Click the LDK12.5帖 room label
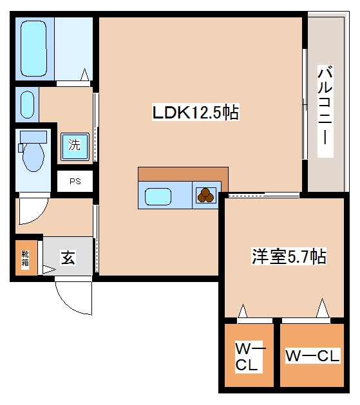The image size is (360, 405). click(196, 112)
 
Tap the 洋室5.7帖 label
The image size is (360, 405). click(289, 256)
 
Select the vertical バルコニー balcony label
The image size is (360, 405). click(325, 111)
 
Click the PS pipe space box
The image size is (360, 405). click(75, 181)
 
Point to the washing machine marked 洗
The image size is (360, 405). click(75, 146)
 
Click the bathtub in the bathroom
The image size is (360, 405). click(33, 48)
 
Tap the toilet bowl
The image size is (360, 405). click(33, 157)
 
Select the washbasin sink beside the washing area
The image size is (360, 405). click(27, 104)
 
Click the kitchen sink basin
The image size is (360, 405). click(158, 196)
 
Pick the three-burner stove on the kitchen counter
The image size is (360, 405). click(206, 196)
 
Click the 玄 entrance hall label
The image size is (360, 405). click(68, 258)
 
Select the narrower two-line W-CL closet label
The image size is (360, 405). click(248, 357)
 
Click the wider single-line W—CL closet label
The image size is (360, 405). click(312, 356)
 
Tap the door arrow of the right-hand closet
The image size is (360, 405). click(323, 308)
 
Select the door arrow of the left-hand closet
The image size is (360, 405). click(243, 311)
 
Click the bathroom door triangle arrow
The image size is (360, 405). click(85, 75)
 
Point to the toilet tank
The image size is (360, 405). click(33, 137)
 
